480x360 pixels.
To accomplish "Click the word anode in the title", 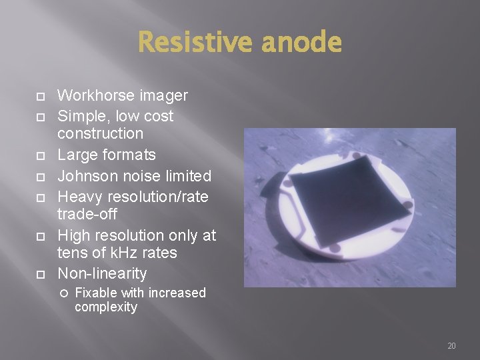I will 301,43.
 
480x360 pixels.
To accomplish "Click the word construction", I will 100,133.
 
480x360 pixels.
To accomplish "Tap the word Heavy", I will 79,197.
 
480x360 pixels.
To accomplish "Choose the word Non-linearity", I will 102,273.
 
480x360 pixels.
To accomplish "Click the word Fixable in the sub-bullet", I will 95,293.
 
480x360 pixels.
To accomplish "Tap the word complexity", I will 106,307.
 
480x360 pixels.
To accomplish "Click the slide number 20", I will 451,346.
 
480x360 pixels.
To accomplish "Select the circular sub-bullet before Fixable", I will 64,293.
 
